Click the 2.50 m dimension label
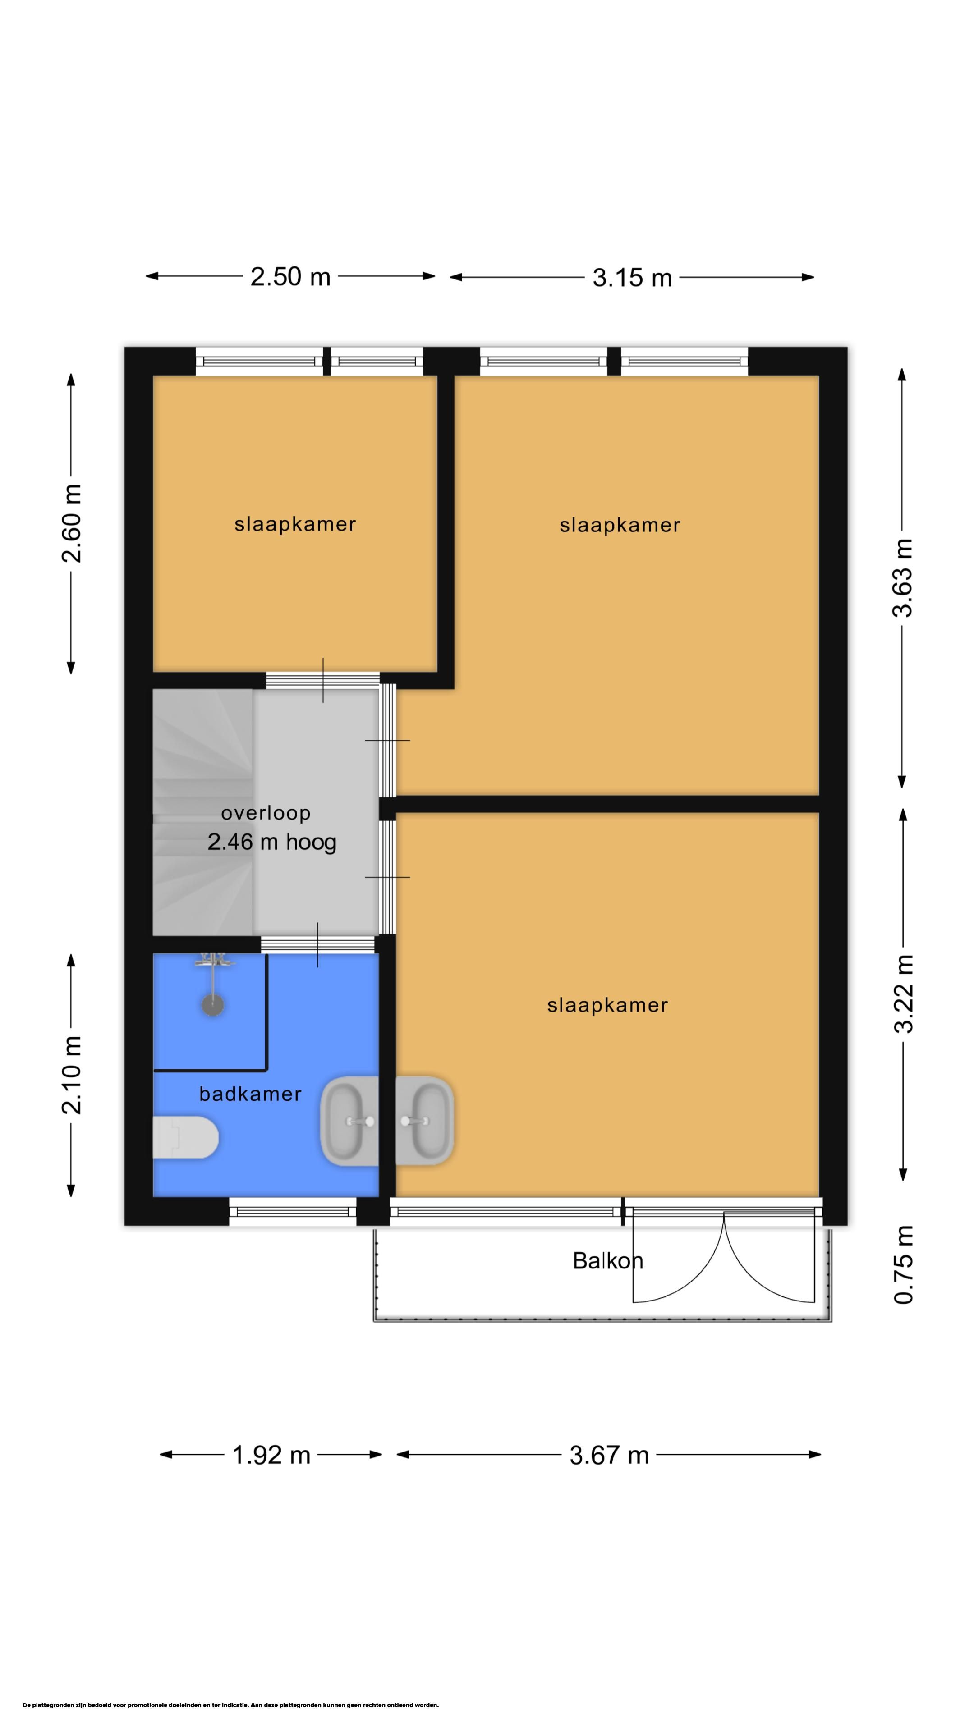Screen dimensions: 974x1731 pos(290,277)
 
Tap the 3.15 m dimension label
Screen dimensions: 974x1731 pos(632,278)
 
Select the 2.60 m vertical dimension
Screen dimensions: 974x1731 pos(71,523)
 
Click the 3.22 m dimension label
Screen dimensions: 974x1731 pos(903,993)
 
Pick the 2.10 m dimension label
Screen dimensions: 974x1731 pos(71,1075)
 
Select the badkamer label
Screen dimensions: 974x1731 pos(250,1094)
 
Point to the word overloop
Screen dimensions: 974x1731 pos(266,814)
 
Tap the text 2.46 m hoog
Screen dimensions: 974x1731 pos(271,842)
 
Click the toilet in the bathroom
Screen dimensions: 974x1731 pos(185,1137)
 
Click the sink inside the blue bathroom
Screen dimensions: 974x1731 pos(349,1121)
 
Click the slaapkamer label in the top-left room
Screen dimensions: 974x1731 pos(295,524)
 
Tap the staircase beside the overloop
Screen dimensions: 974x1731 pos(203,812)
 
